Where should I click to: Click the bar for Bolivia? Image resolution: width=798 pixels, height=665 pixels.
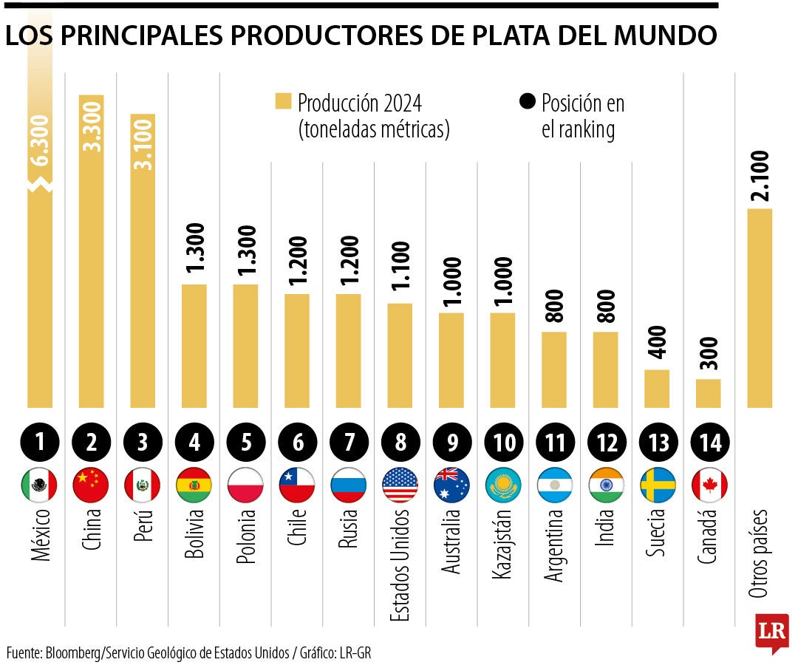pyautogui.click(x=194, y=345)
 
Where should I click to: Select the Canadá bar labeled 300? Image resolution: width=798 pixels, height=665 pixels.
pyautogui.click(x=709, y=393)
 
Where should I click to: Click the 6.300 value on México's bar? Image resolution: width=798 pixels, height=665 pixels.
pyautogui.click(x=41, y=140)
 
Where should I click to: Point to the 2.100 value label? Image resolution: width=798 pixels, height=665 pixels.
pyautogui.click(x=759, y=175)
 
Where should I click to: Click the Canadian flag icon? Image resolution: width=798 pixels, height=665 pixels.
pyautogui.click(x=709, y=485)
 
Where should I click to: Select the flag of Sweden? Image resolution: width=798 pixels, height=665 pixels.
pyautogui.click(x=658, y=485)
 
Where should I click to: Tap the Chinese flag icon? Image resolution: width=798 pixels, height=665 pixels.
pyautogui.click(x=92, y=485)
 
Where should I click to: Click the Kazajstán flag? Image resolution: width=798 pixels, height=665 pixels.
pyautogui.click(x=504, y=485)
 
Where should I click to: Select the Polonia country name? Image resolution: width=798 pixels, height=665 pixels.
pyautogui.click(x=246, y=536)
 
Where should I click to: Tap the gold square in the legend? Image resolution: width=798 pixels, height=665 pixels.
pyautogui.click(x=283, y=102)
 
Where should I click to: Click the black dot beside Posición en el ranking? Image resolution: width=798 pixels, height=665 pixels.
pyautogui.click(x=528, y=102)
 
